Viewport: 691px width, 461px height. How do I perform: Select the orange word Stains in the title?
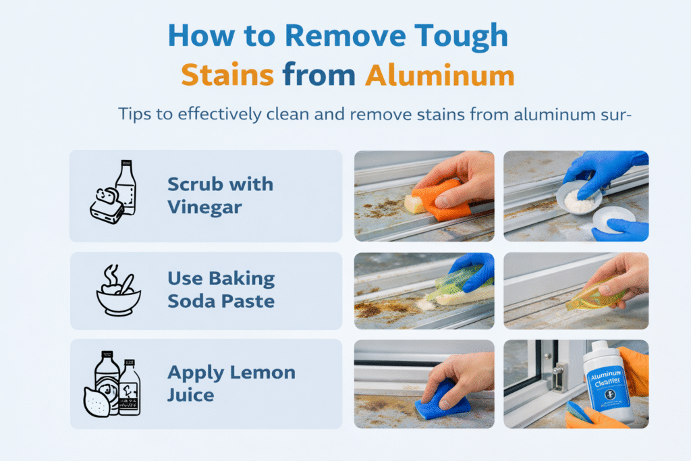(227, 75)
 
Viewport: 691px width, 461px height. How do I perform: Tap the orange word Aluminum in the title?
(439, 75)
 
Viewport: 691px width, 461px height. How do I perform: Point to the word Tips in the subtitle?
(132, 114)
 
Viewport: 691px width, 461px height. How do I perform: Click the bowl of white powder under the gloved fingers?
(578, 199)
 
